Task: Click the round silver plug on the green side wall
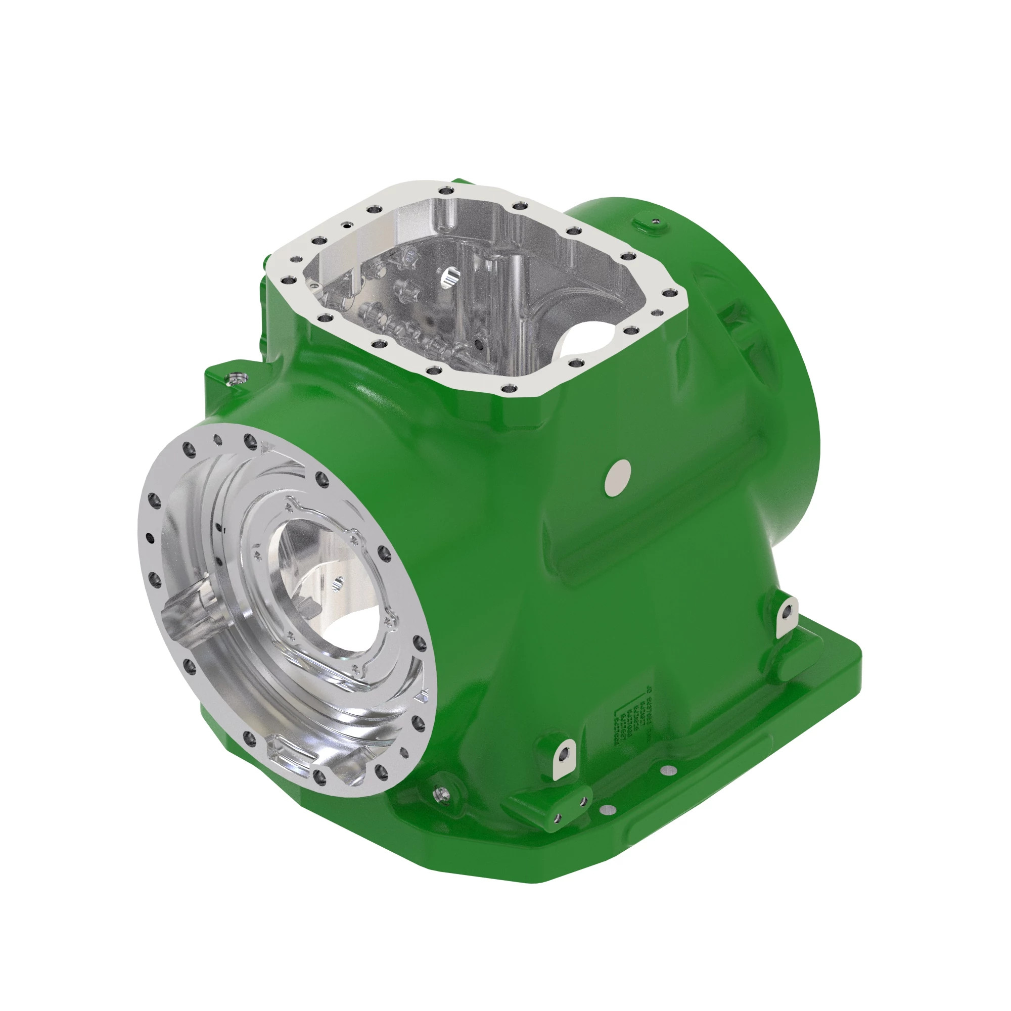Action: (x=618, y=477)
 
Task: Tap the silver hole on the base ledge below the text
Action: (x=668, y=770)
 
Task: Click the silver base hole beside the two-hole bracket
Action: (x=607, y=809)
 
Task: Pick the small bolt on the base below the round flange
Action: (x=443, y=794)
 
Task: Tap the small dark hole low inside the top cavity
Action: (x=478, y=344)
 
